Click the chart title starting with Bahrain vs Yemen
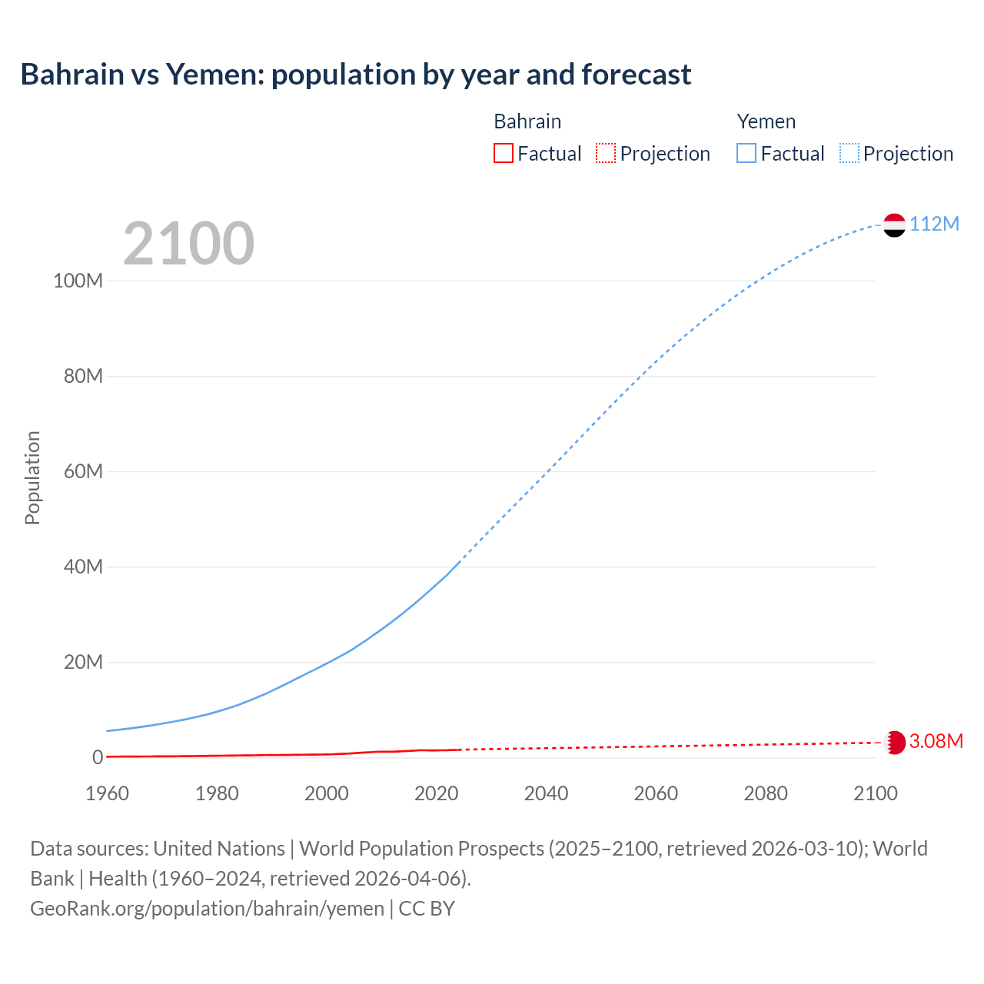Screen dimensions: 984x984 355,75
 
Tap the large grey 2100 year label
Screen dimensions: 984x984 188,244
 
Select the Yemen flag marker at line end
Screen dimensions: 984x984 894,224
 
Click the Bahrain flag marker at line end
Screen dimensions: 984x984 894,742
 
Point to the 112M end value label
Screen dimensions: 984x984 934,224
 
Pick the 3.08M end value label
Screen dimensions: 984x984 936,741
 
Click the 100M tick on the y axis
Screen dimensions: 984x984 78,281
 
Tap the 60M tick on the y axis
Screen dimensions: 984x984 83,471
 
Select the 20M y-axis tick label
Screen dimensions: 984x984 83,662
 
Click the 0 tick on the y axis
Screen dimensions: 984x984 98,757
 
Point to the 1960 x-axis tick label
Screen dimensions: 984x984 107,793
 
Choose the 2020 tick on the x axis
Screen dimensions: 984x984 436,793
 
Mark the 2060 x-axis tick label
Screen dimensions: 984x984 656,793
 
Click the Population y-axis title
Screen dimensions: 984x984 32,477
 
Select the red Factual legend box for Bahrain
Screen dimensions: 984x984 504,154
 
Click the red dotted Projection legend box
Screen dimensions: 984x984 606,154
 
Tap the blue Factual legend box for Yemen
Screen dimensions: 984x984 746,154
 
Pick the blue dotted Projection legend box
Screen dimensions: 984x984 849,154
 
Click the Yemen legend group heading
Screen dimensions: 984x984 766,121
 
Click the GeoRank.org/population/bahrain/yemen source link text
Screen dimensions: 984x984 207,909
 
